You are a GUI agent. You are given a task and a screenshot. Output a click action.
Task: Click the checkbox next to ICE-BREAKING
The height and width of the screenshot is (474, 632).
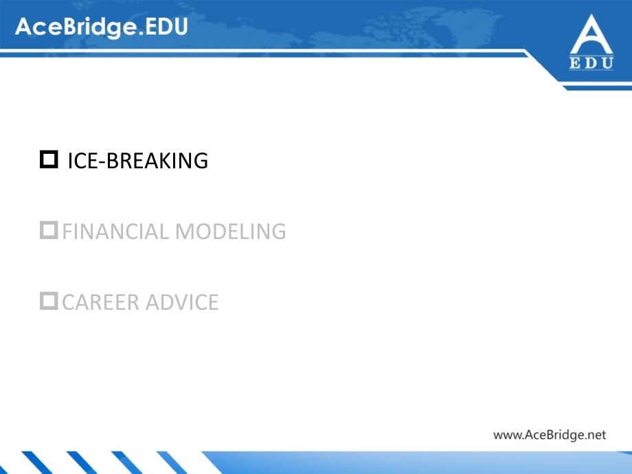tap(49, 160)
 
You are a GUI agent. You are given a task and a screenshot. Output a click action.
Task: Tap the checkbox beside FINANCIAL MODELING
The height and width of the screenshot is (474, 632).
tap(49, 231)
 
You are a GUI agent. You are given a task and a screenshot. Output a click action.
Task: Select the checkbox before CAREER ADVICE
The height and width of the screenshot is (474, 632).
tap(49, 301)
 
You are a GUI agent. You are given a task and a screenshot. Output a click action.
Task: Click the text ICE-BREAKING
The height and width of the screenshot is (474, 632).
tap(137, 161)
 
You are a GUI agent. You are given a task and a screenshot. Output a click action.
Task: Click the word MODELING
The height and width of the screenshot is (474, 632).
tap(230, 232)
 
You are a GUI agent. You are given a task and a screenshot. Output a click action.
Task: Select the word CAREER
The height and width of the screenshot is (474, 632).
tap(95, 302)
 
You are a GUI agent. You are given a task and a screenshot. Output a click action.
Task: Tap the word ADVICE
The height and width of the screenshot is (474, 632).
tap(180, 302)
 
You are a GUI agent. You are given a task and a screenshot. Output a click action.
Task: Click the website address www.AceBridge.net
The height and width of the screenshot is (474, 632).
tap(550, 434)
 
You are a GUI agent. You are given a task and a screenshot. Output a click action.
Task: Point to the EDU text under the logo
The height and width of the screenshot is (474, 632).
tap(591, 65)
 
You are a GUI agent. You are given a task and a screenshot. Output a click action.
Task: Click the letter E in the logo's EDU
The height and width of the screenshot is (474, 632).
tap(576, 65)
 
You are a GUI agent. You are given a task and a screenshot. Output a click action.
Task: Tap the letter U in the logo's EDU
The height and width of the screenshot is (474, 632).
tap(607, 65)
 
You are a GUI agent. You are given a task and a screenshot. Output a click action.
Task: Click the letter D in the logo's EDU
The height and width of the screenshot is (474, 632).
tap(591, 65)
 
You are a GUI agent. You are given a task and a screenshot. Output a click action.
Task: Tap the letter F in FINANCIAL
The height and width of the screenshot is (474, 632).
tap(67, 232)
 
